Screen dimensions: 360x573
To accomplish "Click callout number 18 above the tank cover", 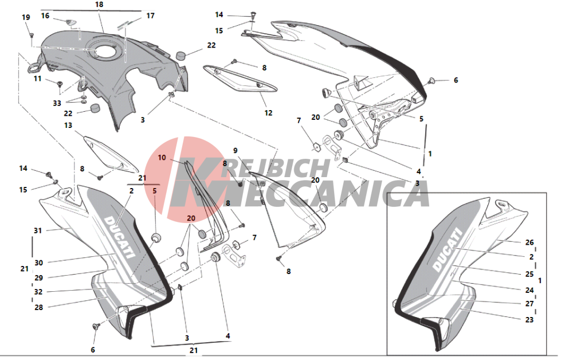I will click(99, 5).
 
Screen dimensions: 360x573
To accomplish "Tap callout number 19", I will click(26, 18).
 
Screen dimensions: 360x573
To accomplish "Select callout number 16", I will click(45, 16).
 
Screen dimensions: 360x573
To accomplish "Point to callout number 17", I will click(150, 16).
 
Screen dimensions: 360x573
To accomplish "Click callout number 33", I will click(56, 103).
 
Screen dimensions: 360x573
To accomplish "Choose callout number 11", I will click(37, 79).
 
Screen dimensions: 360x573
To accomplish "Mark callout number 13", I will click(68, 126).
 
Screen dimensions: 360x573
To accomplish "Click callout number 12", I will click(268, 113).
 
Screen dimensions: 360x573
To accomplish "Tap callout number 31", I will click(38, 231).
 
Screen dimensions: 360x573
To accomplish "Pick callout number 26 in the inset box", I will click(529, 242).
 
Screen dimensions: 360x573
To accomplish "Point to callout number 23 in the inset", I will click(529, 320).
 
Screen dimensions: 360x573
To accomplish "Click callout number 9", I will click(235, 151).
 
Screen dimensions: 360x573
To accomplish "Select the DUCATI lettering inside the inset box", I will click(446, 251).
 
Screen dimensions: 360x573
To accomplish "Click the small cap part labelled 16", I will click(72, 22).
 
